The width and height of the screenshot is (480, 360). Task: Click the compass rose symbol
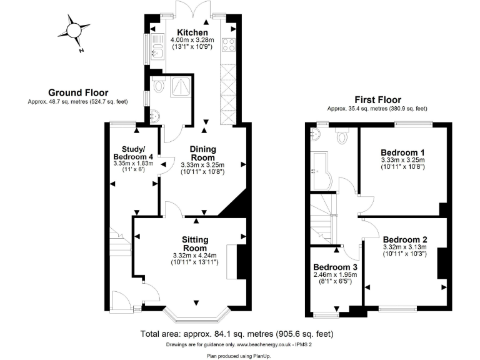tap(75, 31)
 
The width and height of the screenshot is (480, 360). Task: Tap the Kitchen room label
tap(192, 33)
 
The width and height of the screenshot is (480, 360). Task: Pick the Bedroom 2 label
tap(404, 239)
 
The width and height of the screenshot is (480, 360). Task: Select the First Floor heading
tap(377, 99)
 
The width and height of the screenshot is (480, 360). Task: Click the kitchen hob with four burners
tap(229, 44)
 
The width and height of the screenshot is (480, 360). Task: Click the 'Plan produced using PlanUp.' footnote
tap(239, 355)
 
